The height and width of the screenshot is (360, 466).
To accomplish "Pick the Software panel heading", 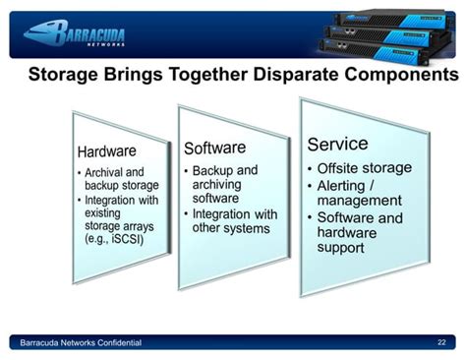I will click(215, 149).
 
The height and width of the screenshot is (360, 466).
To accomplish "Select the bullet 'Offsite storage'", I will click(355, 168).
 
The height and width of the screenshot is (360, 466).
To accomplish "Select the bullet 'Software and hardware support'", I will click(356, 232).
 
